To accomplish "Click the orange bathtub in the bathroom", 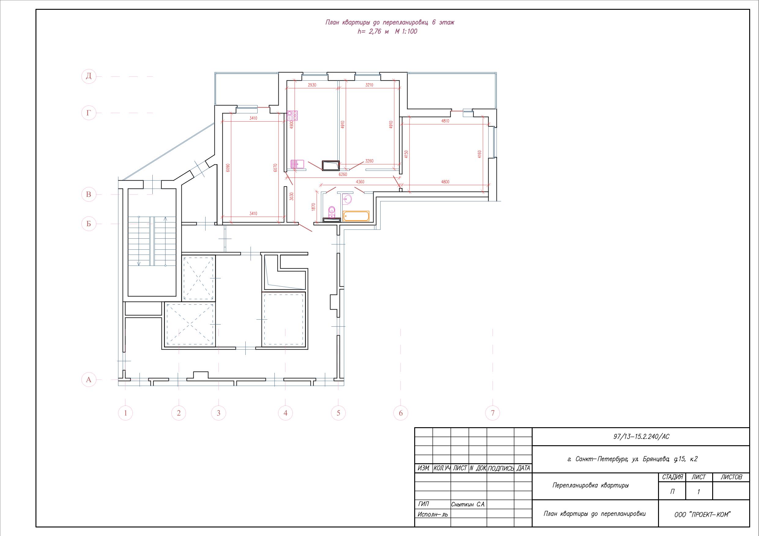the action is click(x=356, y=216).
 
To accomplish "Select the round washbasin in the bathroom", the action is click(x=347, y=199).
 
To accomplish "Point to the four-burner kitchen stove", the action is click(x=292, y=115).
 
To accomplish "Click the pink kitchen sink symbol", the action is click(x=297, y=164).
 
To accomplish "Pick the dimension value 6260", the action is click(x=343, y=174).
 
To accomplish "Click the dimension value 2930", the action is click(x=312, y=85).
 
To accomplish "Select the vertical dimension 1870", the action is click(x=314, y=207).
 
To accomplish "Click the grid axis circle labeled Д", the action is click(x=89, y=76).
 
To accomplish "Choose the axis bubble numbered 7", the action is click(x=493, y=413).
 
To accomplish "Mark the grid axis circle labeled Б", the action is click(x=89, y=224).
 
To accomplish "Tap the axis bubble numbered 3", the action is click(x=218, y=413).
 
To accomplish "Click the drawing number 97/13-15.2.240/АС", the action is click(x=641, y=437).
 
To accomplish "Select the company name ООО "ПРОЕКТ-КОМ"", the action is click(x=702, y=515).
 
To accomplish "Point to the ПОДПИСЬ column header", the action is click(x=500, y=468).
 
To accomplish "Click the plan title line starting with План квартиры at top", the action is click(x=390, y=22).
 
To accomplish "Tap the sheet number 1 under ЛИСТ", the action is click(x=698, y=492).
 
